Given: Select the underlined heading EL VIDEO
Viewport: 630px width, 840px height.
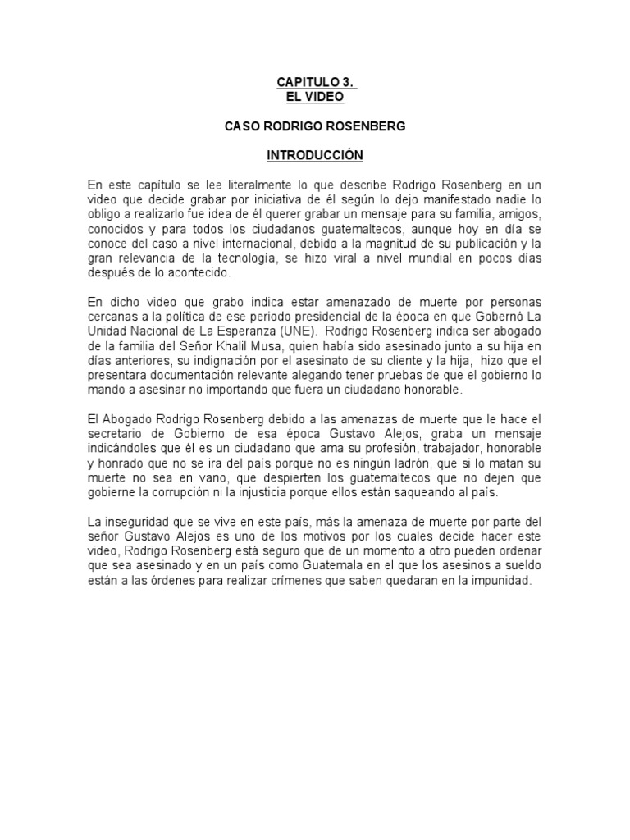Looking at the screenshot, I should point(315,97).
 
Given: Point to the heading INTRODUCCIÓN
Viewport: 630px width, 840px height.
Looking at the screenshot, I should point(315,155).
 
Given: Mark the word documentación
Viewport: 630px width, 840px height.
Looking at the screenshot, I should point(190,374).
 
